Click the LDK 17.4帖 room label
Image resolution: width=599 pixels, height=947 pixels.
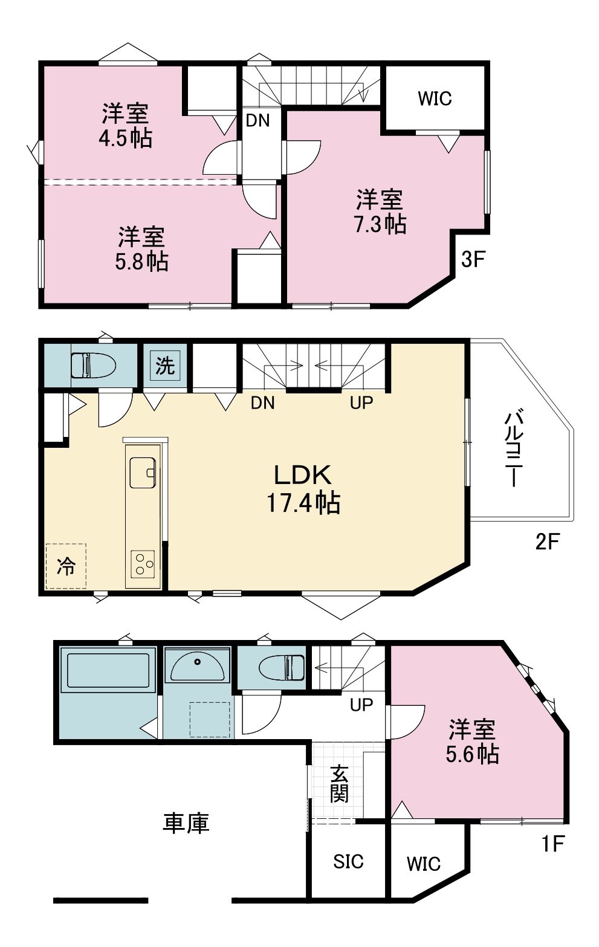(x=303, y=489)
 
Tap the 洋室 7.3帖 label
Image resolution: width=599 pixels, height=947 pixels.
(x=380, y=212)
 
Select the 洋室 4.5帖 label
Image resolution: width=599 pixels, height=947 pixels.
(x=126, y=126)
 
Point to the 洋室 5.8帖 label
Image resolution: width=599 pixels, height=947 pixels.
(x=141, y=249)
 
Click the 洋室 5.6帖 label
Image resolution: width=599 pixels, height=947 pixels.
(x=472, y=742)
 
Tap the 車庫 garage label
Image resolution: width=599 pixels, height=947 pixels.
(x=186, y=823)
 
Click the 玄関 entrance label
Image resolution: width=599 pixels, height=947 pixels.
(x=339, y=784)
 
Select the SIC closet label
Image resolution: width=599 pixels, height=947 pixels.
(x=348, y=861)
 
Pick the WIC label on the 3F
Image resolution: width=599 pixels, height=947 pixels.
(x=435, y=99)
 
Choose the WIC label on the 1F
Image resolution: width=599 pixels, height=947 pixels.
(x=424, y=864)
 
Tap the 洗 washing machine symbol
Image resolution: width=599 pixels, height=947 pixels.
(x=165, y=365)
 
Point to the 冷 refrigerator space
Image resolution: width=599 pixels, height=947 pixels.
(x=66, y=566)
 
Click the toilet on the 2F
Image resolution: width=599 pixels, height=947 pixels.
(x=94, y=365)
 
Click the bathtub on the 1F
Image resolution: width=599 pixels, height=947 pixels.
(x=108, y=670)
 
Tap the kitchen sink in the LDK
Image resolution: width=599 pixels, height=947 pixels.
(x=143, y=473)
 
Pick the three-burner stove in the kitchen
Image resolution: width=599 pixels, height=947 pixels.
(x=143, y=564)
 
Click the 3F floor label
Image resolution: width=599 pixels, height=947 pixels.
(x=473, y=259)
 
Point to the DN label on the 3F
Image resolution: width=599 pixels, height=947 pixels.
(x=258, y=121)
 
